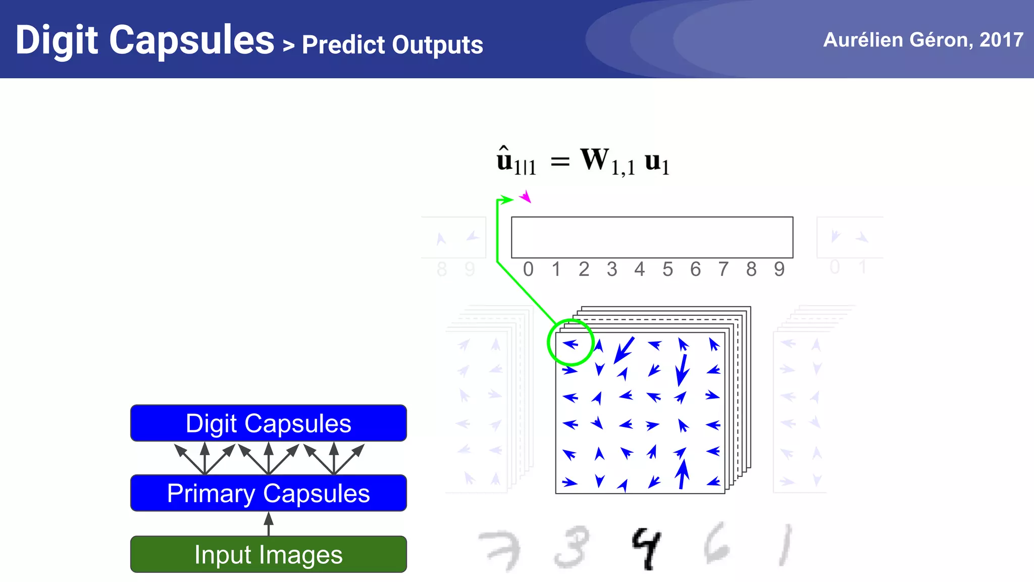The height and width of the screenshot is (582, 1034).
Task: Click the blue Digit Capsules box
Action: coord(268,423)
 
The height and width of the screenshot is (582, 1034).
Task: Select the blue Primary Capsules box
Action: coord(268,493)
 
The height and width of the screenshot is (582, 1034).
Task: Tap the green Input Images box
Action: coord(268,554)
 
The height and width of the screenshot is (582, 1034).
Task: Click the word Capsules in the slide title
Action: coord(191,40)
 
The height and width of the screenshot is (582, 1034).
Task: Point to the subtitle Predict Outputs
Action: coord(392,44)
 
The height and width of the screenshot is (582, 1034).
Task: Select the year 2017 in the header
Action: coord(1002,39)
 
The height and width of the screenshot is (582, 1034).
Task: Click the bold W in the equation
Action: coord(595,159)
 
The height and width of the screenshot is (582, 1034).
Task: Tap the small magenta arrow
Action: coord(526,196)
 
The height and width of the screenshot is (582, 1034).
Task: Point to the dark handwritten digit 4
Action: coord(646,548)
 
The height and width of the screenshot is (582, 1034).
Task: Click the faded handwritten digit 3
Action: coord(573,547)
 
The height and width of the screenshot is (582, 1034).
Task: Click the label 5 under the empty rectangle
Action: coord(667,269)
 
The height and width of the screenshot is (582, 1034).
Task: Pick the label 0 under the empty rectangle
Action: coord(528,269)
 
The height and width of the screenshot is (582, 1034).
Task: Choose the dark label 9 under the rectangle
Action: coord(779,269)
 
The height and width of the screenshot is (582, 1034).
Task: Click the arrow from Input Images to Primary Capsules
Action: coord(269,523)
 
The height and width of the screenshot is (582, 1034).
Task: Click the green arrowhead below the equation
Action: coord(506,200)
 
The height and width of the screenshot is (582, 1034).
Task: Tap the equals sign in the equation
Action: coord(560,162)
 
